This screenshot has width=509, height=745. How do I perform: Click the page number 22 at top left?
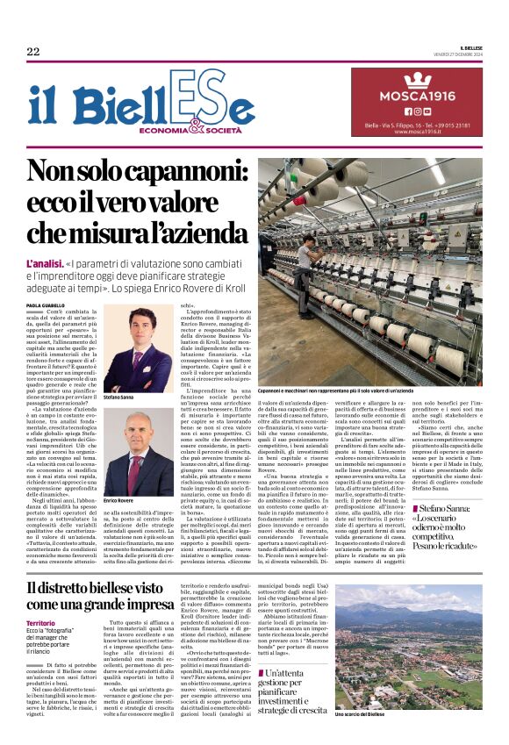[x=33, y=52]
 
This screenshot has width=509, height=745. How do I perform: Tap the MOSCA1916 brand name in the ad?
[x=416, y=95]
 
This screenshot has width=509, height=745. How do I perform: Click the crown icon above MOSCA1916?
[x=416, y=80]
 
